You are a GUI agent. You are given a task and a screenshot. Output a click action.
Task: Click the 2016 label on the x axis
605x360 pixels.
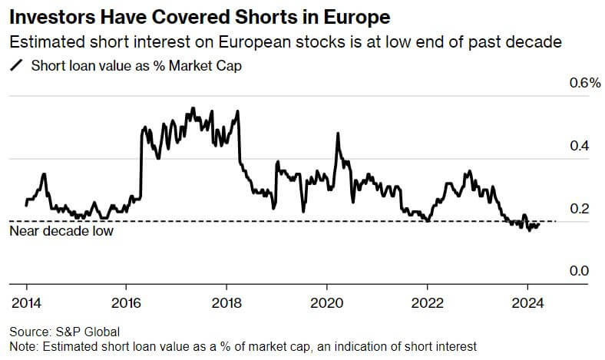125,302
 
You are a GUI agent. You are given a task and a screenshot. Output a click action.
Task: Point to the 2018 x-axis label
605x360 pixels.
226,302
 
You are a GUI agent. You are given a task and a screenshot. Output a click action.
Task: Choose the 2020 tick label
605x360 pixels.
326,302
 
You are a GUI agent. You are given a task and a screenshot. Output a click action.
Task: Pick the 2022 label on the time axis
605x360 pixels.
427,302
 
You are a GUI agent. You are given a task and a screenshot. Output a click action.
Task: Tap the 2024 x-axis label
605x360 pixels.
527,302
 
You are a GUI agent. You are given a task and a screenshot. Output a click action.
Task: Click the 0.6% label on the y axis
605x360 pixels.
584,83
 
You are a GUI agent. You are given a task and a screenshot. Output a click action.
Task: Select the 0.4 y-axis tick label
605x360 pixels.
578,146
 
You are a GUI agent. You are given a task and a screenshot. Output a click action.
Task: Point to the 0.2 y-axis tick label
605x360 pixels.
578,209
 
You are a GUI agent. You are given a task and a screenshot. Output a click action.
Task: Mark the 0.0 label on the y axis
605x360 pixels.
578,272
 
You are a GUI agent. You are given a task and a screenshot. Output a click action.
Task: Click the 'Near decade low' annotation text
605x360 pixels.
61,230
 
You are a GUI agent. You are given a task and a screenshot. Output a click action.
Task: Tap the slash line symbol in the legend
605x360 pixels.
15,65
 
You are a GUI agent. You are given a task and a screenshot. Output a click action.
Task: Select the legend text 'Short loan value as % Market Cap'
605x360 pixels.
137,65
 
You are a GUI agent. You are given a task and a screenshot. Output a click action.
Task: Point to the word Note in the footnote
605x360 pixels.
22,346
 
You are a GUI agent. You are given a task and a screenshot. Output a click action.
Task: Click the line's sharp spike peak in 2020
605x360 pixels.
337,134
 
